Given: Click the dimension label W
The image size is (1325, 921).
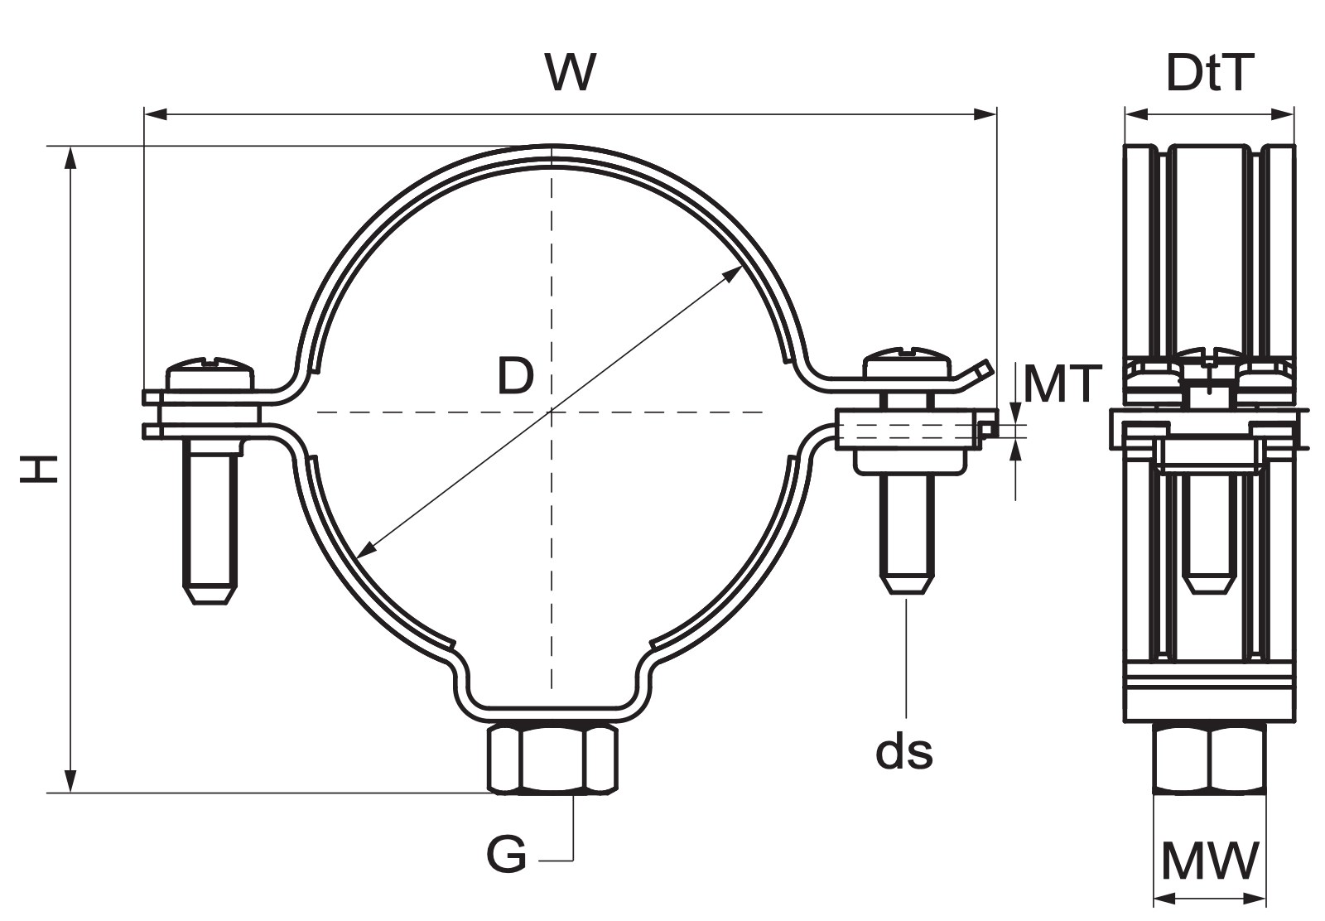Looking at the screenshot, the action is [x=571, y=72].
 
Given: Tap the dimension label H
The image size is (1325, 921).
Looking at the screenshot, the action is [x=39, y=469].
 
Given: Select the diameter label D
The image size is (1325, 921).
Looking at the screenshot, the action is [x=516, y=375].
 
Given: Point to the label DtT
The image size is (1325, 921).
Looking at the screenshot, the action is [x=1210, y=72].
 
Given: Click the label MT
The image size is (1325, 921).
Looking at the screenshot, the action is [x=1062, y=383].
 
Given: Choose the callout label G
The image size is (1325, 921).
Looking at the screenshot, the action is [x=506, y=854].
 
